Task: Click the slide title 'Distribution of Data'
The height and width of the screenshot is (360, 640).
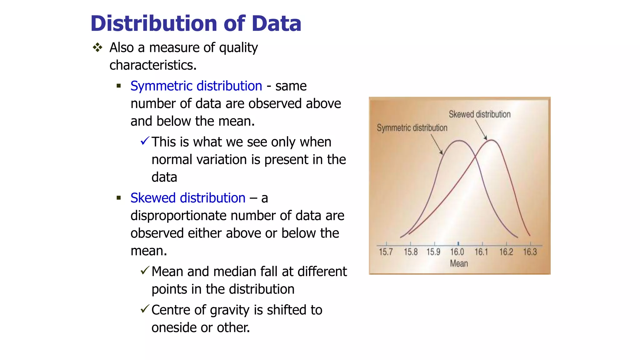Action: (x=196, y=24)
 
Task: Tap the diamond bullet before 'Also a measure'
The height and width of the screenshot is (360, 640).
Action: (x=97, y=47)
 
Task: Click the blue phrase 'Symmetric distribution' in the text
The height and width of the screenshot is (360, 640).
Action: (x=196, y=86)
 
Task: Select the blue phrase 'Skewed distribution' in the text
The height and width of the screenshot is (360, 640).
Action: (x=187, y=198)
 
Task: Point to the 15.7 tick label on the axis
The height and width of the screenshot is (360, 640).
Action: (x=386, y=252)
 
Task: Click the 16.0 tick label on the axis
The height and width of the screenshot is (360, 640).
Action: (x=457, y=252)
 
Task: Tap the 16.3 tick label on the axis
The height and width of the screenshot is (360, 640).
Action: (x=530, y=252)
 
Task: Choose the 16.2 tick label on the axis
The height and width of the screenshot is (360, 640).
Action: (x=506, y=252)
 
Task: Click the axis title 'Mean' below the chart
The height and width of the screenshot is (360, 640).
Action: (x=459, y=264)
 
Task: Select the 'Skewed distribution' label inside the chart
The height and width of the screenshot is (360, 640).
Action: (x=479, y=114)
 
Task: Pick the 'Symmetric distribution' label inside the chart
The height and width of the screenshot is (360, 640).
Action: (x=412, y=128)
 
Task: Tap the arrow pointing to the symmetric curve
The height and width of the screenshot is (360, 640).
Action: (x=437, y=144)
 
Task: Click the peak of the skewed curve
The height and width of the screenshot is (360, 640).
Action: (x=491, y=140)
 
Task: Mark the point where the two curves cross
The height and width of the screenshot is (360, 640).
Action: (x=476, y=157)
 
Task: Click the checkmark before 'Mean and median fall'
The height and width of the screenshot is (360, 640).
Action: (x=145, y=270)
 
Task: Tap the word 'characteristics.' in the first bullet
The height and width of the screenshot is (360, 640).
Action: (x=153, y=65)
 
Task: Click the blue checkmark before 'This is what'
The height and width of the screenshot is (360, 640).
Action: (x=145, y=141)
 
